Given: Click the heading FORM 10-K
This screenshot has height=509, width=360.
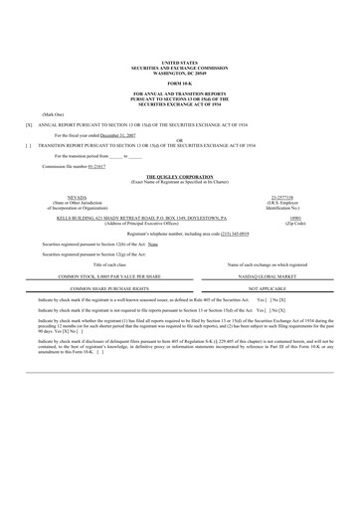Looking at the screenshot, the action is coord(180,83).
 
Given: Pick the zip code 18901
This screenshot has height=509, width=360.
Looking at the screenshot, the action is coord(290,217).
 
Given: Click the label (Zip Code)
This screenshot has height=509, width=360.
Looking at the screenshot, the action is coord(290,222).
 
